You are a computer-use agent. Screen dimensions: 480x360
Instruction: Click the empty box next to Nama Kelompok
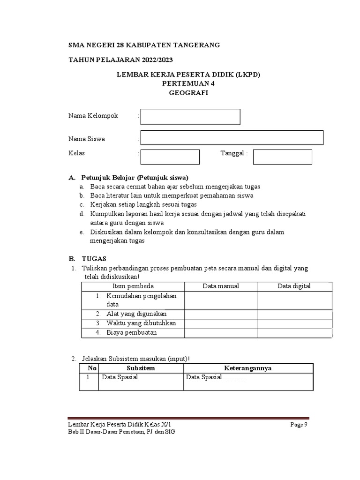[x=190, y=117]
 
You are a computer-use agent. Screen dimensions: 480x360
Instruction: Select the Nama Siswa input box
[x=232, y=138]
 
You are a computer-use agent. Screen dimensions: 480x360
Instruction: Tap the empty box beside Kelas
[x=170, y=157]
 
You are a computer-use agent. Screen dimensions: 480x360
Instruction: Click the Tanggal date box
[x=282, y=157]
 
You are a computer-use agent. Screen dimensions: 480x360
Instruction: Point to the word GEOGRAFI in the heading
[x=188, y=93]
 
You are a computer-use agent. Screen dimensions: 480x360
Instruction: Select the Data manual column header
[x=221, y=286]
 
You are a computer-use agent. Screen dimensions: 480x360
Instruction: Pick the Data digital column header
[x=294, y=286]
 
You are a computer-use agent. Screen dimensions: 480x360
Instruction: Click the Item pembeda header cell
[x=133, y=286]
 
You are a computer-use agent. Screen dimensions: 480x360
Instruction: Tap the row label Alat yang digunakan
[x=136, y=314]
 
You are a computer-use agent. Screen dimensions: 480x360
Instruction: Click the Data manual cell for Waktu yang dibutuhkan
[x=221, y=323]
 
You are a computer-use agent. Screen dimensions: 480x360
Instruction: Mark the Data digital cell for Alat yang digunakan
[x=294, y=314]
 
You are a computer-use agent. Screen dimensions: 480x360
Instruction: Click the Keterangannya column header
[x=247, y=368]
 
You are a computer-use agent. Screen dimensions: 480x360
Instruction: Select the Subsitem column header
[x=141, y=368]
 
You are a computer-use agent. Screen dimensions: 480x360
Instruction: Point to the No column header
[x=92, y=368]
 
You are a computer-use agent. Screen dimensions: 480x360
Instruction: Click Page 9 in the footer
[x=299, y=425]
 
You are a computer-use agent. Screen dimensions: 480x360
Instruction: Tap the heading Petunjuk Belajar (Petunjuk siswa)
[x=135, y=178]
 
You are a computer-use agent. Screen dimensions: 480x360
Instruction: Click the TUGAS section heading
[x=94, y=258]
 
